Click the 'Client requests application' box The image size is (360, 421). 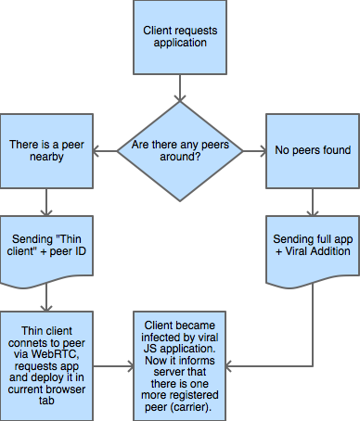click(180, 37)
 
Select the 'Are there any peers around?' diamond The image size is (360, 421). click(180, 151)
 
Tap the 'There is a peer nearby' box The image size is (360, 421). click(46, 151)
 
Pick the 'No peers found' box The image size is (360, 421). click(313, 151)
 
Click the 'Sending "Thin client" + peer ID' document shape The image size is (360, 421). click(46, 251)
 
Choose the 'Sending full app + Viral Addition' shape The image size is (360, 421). click(313, 251)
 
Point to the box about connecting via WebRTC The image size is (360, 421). click(46, 366)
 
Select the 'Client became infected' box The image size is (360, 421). click(180, 366)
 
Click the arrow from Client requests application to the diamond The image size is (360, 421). click(180, 88)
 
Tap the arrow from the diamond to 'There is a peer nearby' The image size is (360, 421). click(105, 151)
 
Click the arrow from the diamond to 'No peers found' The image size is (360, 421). click(254, 151)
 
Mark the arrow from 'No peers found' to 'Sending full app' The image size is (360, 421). click(313, 202)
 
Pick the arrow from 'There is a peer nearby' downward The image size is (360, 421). click(46, 202)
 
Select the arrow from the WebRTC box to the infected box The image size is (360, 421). click(113, 366)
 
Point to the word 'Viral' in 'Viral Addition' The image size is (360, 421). click(297, 251)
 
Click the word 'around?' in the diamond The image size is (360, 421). click(180, 157)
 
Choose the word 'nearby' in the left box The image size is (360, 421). click(46, 157)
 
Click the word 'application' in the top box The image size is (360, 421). click(180, 43)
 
